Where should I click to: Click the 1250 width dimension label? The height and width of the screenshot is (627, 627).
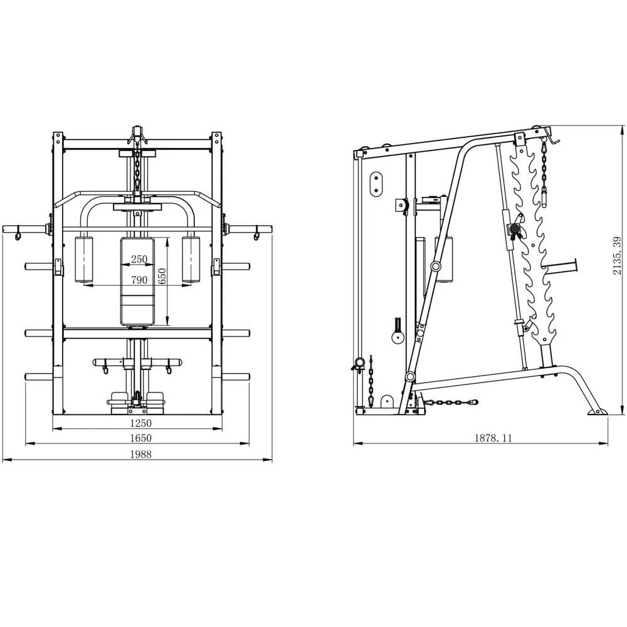tap(140, 423)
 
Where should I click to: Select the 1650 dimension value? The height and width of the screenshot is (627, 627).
tap(140, 438)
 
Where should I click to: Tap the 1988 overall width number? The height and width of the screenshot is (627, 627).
tap(140, 454)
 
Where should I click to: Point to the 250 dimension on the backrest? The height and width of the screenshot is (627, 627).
tap(139, 259)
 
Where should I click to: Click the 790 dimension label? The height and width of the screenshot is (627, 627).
tap(139, 280)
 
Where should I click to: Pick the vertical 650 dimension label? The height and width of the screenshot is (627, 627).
tap(162, 277)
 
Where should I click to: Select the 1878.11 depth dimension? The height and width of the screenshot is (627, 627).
tap(493, 438)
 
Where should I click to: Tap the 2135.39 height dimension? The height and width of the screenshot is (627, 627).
tap(618, 256)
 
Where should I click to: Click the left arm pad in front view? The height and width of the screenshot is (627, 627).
tap(84, 260)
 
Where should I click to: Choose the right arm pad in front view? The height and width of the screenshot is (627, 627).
tap(191, 260)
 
